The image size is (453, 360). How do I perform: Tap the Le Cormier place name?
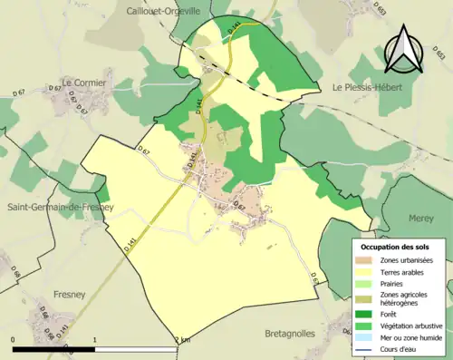(x=84, y=83)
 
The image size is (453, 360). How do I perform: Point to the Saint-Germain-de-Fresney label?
(x=61, y=207)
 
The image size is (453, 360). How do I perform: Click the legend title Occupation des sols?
(x=397, y=247)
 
